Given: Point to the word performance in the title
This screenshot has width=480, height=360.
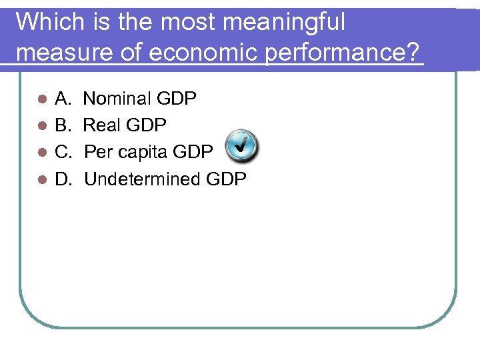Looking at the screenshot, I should pyautogui.click(x=337, y=52).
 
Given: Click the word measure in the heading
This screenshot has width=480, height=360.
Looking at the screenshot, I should pyautogui.click(x=65, y=52).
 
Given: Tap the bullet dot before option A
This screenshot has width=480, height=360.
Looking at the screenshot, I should pyautogui.click(x=41, y=100).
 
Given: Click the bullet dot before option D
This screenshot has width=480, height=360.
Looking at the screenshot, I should pyautogui.click(x=41, y=180).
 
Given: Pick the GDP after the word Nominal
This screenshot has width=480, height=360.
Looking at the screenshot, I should pyautogui.click(x=176, y=99).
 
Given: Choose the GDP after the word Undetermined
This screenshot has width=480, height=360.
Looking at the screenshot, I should pyautogui.click(x=226, y=179).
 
